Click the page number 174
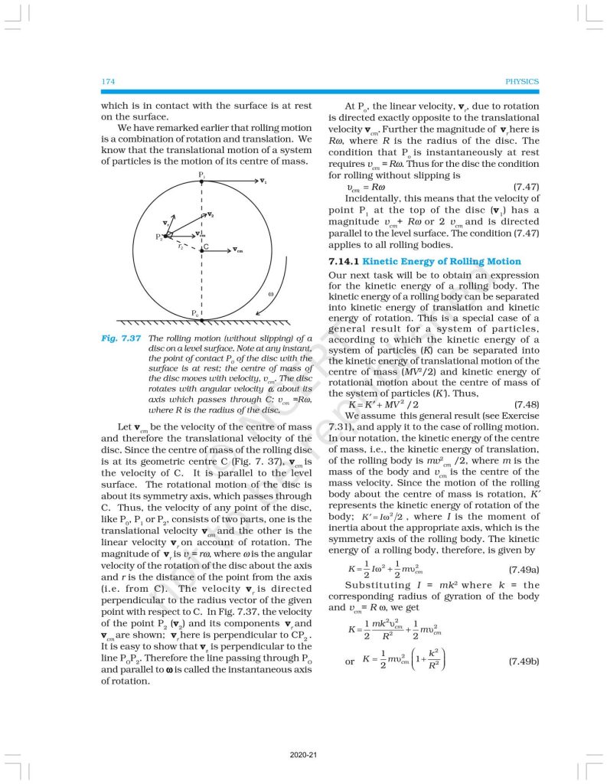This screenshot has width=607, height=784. coord(108,81)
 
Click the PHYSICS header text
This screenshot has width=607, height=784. coord(522,81)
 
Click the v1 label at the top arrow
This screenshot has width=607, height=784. coord(263,181)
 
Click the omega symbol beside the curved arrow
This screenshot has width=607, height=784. coord(271,294)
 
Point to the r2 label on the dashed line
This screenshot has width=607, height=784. coord(181,247)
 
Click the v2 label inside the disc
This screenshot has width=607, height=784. coord(210,215)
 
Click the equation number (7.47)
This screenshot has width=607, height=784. coord(524,187)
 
